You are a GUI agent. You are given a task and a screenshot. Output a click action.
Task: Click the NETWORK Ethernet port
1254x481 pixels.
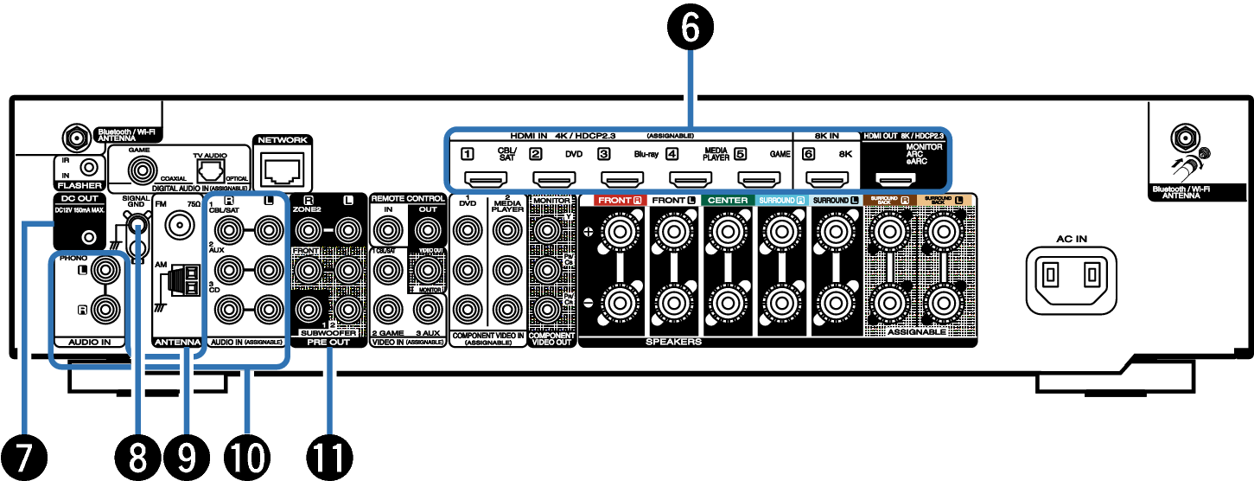click(281, 169)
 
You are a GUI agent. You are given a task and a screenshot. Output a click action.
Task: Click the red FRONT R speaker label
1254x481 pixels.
click(618, 200)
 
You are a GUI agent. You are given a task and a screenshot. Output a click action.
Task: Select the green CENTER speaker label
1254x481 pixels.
click(727, 200)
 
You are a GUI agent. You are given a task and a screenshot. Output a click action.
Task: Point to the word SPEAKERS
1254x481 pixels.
click(673, 342)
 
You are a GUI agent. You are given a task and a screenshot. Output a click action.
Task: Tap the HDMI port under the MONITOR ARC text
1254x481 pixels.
click(896, 180)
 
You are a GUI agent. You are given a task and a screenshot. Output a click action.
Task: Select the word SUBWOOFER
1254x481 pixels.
click(328, 332)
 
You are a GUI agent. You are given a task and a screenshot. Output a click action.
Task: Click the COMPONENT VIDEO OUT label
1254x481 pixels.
click(552, 338)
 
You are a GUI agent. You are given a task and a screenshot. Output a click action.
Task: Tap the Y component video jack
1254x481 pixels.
click(546, 230)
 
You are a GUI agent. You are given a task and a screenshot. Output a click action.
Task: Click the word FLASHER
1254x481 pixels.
click(80, 186)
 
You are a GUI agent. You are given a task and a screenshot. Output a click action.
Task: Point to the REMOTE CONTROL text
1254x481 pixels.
click(408, 198)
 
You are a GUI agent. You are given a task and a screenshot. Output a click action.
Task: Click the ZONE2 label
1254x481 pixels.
click(307, 209)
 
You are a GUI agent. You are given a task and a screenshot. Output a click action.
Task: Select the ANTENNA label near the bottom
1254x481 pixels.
click(177, 343)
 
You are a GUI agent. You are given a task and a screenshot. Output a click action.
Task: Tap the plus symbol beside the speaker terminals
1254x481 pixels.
click(589, 231)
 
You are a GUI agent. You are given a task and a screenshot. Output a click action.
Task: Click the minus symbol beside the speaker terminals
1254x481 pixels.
click(589, 302)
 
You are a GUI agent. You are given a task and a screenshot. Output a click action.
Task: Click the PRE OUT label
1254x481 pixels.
click(328, 343)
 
